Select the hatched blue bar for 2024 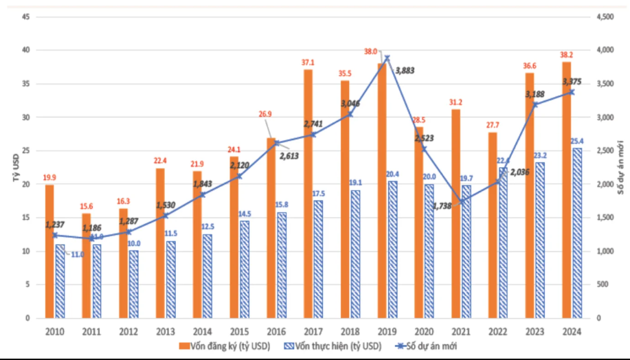[x=576, y=233]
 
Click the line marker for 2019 [x=387, y=58]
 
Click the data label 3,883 [x=405, y=71]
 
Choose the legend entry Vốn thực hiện [x=326, y=346]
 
